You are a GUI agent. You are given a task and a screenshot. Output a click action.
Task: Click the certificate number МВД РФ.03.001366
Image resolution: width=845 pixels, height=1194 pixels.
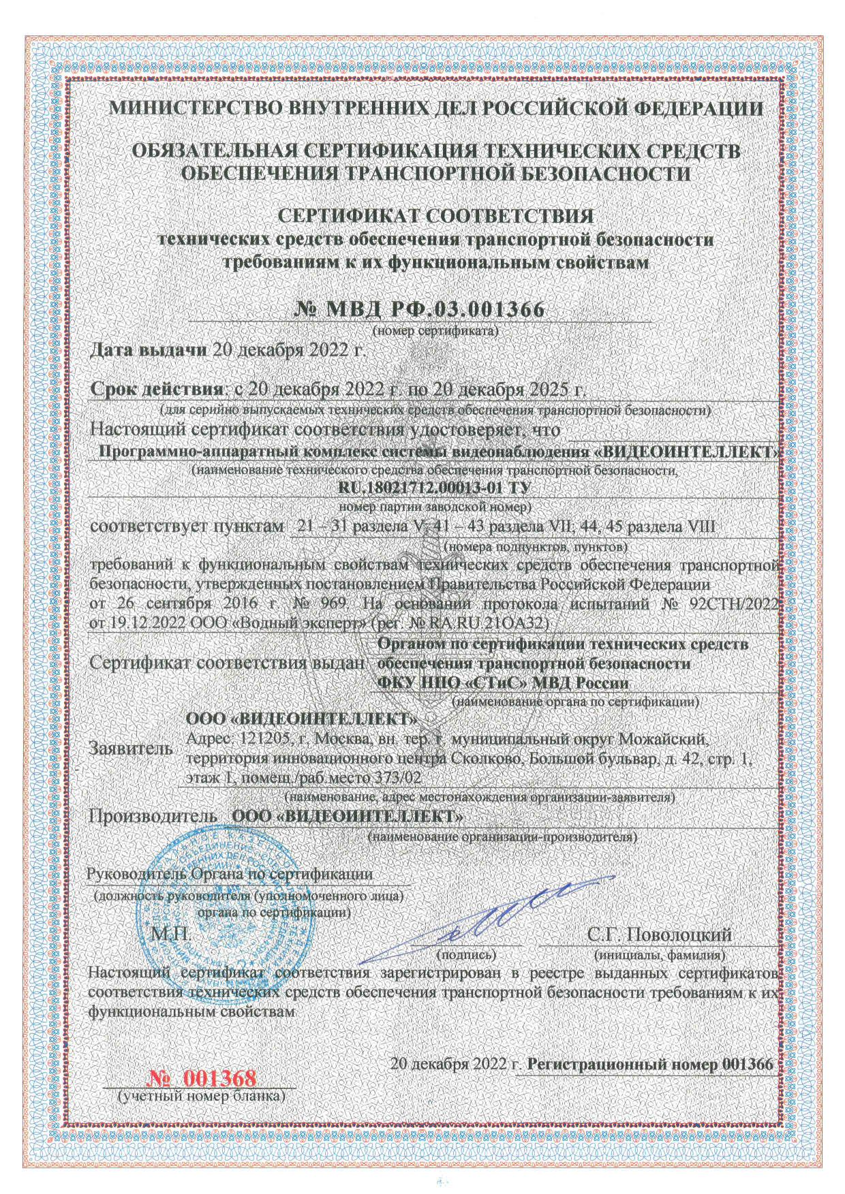(x=420, y=309)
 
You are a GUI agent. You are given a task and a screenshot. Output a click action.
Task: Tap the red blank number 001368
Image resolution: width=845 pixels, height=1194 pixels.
(x=202, y=1078)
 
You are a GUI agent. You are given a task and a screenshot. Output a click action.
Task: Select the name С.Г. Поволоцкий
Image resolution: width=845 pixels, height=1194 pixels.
(x=659, y=934)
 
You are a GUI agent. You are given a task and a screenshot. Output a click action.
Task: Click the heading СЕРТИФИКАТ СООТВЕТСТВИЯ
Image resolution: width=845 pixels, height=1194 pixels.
(x=437, y=216)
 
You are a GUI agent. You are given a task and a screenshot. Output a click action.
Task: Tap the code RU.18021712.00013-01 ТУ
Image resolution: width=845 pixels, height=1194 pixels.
(x=434, y=488)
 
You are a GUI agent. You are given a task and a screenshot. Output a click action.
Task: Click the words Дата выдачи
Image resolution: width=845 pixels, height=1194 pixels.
(x=149, y=351)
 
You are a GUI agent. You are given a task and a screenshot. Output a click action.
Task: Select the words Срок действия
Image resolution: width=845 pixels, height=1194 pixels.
(x=157, y=390)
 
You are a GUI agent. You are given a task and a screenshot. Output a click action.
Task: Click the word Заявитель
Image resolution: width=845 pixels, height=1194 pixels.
(x=131, y=749)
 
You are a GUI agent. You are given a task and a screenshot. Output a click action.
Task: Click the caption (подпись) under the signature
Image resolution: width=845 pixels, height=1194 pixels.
(x=469, y=955)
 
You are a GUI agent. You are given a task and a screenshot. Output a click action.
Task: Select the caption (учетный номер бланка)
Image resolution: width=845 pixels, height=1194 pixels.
(x=202, y=1097)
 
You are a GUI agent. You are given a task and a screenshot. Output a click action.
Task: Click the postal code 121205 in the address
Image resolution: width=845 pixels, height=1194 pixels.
(x=268, y=739)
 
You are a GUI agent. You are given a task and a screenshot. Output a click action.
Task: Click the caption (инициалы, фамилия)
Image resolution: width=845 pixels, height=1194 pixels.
(x=660, y=955)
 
